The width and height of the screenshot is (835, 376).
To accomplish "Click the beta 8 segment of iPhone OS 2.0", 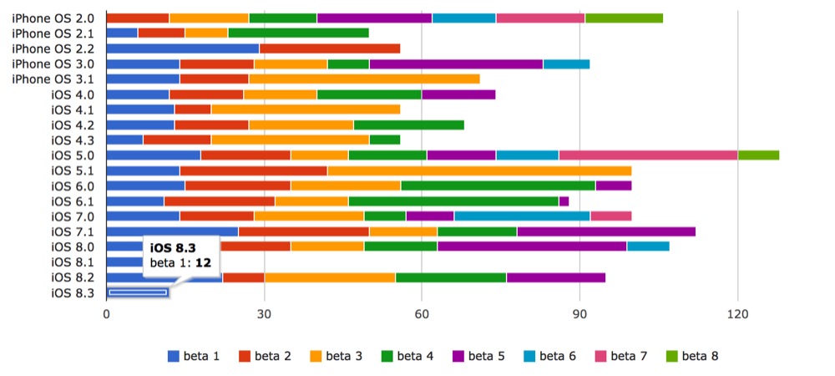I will click(x=624, y=18).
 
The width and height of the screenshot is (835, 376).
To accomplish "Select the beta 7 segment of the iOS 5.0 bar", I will click(x=649, y=155).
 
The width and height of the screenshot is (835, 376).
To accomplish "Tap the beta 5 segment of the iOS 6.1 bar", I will click(x=564, y=201).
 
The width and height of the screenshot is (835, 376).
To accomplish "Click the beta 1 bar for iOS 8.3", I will click(x=138, y=292).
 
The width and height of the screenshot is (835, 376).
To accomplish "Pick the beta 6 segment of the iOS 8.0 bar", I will click(x=648, y=246).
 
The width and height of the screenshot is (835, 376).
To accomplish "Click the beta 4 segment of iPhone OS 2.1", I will click(x=298, y=33).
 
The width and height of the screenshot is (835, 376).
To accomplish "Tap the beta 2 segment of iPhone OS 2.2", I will click(x=330, y=48).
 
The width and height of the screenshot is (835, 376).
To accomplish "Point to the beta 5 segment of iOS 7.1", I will click(x=606, y=231).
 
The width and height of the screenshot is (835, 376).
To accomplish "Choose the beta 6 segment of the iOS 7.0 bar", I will click(x=523, y=216).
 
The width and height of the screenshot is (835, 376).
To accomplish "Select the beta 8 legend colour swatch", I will click(x=673, y=356).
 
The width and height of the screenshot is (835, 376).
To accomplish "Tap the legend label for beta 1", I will click(x=201, y=356).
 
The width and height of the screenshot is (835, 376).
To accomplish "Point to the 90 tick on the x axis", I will click(x=579, y=314).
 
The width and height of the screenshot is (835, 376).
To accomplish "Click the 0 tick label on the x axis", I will click(x=106, y=314).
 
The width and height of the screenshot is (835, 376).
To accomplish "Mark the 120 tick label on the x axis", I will click(x=737, y=314).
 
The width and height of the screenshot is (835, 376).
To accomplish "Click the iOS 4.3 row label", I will click(x=73, y=140).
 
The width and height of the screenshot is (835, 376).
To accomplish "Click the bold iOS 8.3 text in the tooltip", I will click(x=173, y=247).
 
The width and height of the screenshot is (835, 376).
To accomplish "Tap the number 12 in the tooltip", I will click(x=204, y=263).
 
